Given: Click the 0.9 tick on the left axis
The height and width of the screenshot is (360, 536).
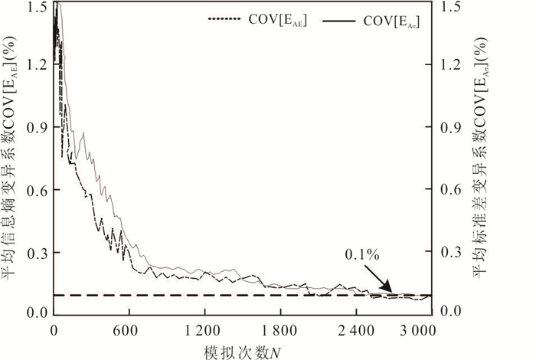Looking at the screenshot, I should point(37,128).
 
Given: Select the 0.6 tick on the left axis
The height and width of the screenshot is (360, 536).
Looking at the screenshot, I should point(37,190).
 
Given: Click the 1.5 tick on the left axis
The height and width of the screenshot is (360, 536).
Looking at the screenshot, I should point(37,7).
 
